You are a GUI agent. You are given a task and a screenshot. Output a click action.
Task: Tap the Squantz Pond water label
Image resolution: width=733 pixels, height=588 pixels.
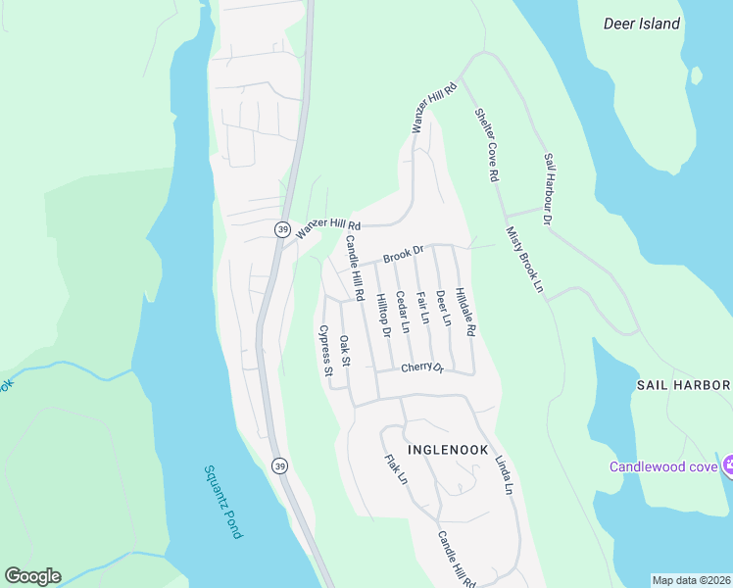(x=223, y=502)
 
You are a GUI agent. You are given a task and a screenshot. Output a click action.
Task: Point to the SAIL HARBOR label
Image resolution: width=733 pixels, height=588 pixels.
(x=684, y=385)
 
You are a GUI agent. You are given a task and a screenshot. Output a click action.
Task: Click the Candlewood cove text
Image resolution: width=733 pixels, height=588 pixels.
(x=663, y=466)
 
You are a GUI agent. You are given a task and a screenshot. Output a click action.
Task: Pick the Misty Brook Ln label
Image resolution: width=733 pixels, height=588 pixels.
(x=524, y=260)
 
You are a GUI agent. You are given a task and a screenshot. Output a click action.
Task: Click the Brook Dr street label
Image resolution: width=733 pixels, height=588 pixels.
(x=403, y=255)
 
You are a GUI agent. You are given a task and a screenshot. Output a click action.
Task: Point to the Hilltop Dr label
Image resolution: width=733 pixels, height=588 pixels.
(x=383, y=316)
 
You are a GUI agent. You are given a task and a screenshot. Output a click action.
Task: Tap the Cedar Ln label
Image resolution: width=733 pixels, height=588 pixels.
(x=402, y=311)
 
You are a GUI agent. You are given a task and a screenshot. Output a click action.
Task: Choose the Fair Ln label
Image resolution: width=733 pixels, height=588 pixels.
(x=422, y=307)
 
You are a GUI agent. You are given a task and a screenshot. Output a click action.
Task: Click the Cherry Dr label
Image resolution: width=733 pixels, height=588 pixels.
(x=422, y=368)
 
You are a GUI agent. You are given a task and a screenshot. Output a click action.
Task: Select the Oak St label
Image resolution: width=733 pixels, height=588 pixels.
(x=345, y=351)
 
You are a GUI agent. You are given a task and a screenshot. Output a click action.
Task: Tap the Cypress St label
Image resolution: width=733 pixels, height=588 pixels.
(x=326, y=350)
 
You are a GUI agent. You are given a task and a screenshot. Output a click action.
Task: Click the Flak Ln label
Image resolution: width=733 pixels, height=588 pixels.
(x=396, y=469)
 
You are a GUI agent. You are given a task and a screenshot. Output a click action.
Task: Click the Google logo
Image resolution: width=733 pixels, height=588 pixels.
(x=32, y=576)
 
